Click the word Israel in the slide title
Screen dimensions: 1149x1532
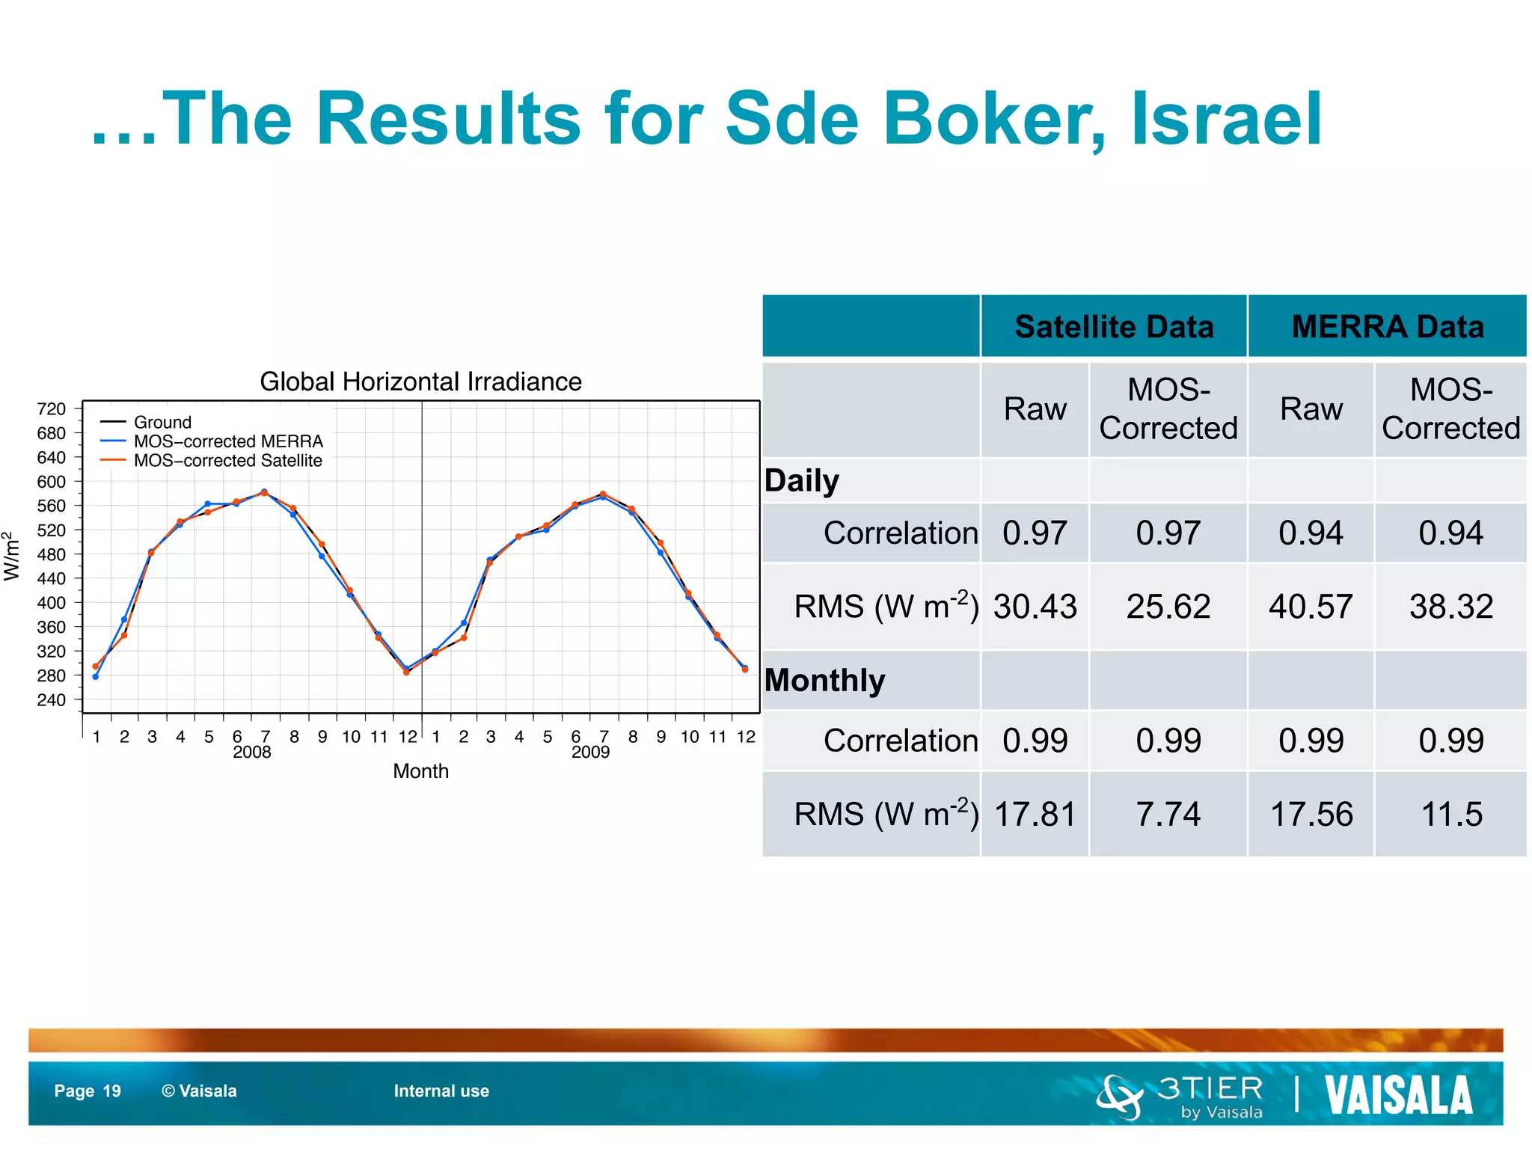point(1226,119)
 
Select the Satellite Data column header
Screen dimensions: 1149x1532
point(1113,327)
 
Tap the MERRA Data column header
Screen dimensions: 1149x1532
point(1387,327)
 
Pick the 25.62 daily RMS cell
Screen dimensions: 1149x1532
point(1168,606)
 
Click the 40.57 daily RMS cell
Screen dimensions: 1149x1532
point(1311,606)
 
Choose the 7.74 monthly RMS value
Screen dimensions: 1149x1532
point(1168,814)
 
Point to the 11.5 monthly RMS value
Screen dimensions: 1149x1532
point(1450,814)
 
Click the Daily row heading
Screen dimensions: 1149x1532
point(802,481)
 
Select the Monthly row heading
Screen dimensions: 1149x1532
point(824,681)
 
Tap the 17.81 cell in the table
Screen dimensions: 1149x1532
point(1035,814)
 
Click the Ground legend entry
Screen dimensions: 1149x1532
point(162,422)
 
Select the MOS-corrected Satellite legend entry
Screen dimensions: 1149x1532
point(227,461)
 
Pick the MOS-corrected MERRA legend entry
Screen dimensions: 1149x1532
point(228,441)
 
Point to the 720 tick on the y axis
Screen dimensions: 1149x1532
point(52,409)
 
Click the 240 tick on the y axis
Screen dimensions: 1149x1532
point(52,700)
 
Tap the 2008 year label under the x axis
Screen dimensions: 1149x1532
point(251,753)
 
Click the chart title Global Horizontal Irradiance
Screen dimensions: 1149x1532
point(420,382)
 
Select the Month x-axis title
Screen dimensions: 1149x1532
point(420,771)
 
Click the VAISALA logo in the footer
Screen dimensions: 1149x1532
point(1398,1095)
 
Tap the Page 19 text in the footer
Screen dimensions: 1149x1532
point(88,1091)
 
